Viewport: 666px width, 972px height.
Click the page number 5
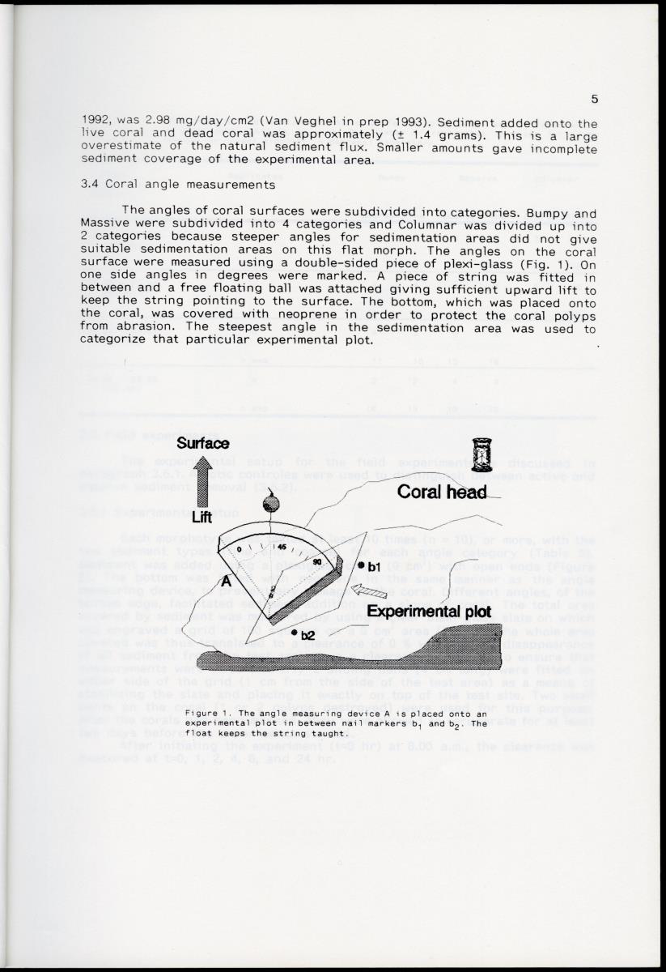click(x=595, y=100)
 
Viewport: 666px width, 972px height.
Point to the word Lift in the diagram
click(x=201, y=518)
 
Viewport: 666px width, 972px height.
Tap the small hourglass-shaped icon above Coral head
click(x=481, y=454)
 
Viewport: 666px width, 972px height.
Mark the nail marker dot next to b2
click(x=295, y=634)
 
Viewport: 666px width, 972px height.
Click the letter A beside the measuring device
click(x=228, y=580)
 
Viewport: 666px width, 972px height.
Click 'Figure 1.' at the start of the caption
click(x=209, y=712)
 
